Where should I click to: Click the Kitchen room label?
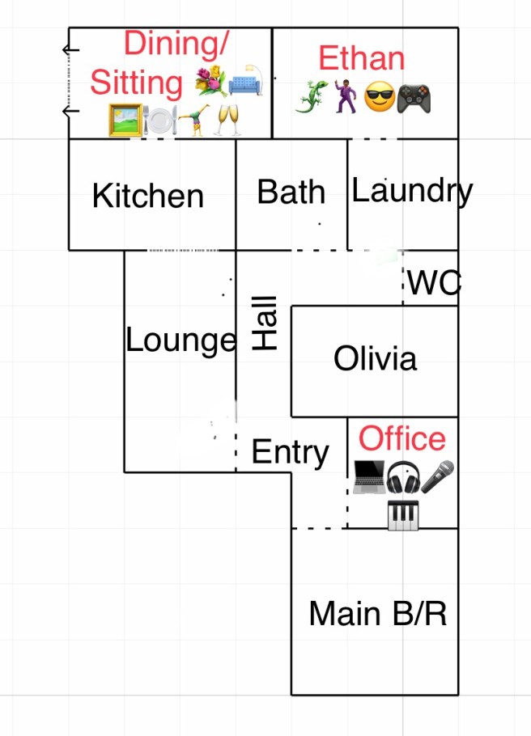point(148,196)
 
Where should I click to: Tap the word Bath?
point(291,192)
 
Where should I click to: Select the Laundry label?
point(412,191)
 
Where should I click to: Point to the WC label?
point(434,284)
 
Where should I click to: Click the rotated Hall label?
point(265,323)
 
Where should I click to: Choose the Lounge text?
point(181,341)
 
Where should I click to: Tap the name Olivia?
point(376,357)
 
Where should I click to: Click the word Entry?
point(291,452)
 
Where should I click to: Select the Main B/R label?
point(377,614)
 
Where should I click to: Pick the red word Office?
point(402,438)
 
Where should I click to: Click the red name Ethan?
point(361,59)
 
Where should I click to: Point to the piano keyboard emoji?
point(403,515)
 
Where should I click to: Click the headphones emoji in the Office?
point(403,478)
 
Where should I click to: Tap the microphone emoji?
point(438,477)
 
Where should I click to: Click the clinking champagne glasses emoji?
point(228,121)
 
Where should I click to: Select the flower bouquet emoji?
point(210,82)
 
